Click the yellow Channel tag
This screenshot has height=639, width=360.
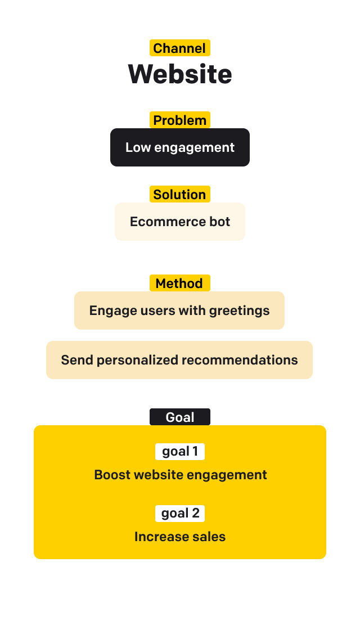click(x=179, y=48)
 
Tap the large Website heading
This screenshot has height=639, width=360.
click(x=180, y=74)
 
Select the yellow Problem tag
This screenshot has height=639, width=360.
click(x=179, y=120)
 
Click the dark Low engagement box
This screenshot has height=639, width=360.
click(x=180, y=147)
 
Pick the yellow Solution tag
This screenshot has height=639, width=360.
click(x=179, y=195)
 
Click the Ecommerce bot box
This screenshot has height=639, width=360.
click(x=180, y=222)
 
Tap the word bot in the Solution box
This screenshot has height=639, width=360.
click(x=220, y=222)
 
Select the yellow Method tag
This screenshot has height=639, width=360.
click(x=179, y=283)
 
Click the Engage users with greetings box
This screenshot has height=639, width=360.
click(x=179, y=310)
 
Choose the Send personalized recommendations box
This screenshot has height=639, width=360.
click(x=179, y=360)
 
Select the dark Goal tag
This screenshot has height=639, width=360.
click(x=179, y=417)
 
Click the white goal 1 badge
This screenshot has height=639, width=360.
click(x=180, y=451)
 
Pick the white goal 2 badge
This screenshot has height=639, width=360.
click(x=180, y=513)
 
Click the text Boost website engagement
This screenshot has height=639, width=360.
click(x=181, y=475)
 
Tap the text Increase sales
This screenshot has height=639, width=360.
click(x=180, y=537)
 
